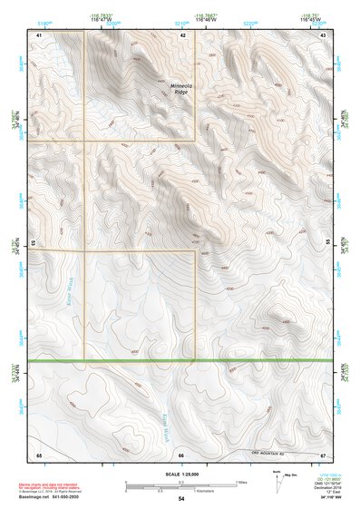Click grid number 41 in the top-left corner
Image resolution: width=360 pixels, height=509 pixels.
tap(39, 34)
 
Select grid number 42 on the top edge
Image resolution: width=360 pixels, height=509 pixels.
tap(182, 34)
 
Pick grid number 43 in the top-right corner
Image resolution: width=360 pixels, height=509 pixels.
tap(324, 34)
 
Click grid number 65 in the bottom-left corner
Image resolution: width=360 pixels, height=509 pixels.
tap(39, 454)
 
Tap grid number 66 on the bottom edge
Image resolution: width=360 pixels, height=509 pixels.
tap(182, 454)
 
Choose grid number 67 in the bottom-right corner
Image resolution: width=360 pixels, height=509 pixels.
tap(323, 454)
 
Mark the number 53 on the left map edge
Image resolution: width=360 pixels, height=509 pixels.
tap(32, 243)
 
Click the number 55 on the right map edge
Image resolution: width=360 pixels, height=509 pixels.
tap(328, 243)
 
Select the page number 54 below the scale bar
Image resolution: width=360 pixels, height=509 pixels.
tap(181, 499)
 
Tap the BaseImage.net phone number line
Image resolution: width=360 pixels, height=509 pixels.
tap(52, 500)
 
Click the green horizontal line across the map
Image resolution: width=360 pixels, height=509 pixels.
tap(181, 361)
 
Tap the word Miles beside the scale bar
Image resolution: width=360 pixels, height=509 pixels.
tap(241, 482)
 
